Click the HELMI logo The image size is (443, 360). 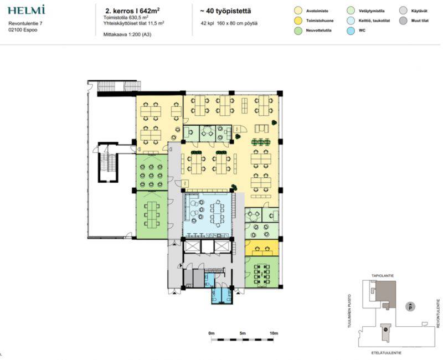26,10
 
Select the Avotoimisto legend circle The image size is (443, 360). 298,11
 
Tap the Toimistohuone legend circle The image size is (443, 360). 298,20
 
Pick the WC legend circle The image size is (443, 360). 351,30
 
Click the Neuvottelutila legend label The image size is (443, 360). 319,30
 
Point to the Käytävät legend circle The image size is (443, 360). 403,11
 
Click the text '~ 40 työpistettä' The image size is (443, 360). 225,11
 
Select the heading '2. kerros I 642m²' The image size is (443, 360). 132,11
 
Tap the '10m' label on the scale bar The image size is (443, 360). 274,333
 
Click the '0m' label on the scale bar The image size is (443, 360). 212,333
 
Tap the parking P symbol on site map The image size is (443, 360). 410,306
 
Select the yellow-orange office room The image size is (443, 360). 261,248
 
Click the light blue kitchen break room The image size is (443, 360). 208,215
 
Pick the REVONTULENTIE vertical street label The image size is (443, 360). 439,313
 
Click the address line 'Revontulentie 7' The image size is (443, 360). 25,23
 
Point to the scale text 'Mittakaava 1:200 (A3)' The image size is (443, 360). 127,34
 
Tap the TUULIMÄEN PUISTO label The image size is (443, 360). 350,311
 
